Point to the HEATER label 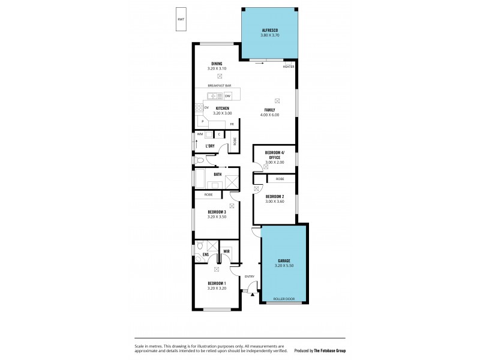pos(289,67)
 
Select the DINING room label pos(217,64)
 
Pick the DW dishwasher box pos(228,96)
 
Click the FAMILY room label pos(270,109)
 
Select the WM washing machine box pos(200,134)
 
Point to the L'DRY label pos(210,146)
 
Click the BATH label pos(217,175)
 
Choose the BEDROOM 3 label pos(217,212)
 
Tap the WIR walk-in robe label pos(227,251)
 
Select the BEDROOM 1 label pos(217,283)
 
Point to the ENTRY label pos(249,277)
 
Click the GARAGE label pos(283,260)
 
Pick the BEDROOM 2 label pos(275,196)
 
